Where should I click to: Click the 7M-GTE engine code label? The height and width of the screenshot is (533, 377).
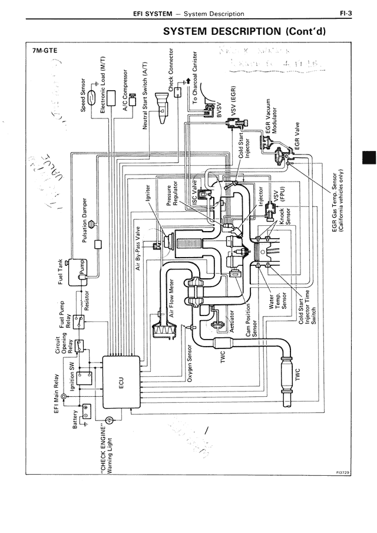pos(45,51)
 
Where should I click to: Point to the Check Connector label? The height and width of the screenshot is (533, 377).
pos(171,71)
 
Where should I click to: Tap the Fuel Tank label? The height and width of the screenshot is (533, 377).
pos(61,272)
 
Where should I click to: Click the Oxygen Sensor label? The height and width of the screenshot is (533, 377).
pos(190,363)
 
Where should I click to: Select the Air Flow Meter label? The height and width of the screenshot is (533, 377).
pos(172,298)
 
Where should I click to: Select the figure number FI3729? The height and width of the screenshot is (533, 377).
pos(342,473)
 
